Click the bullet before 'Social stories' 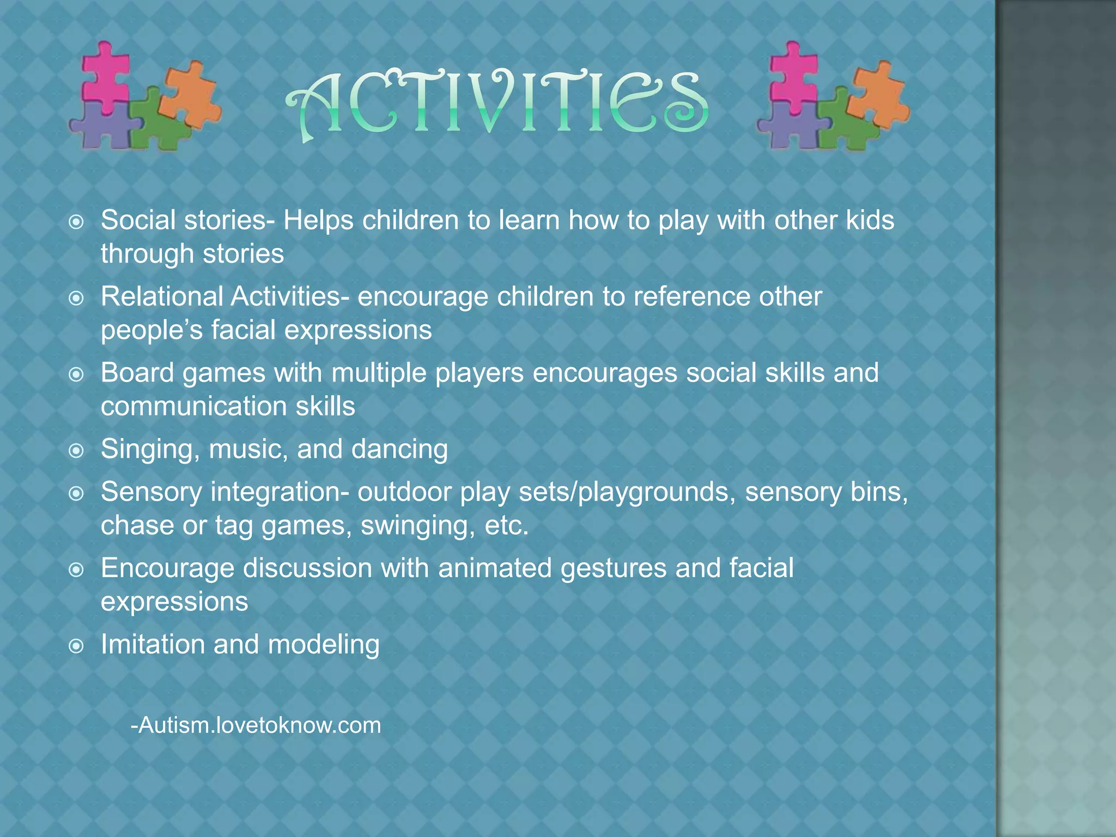(x=77, y=222)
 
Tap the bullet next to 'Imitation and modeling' (x=77, y=646)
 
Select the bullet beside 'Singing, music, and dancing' (x=77, y=451)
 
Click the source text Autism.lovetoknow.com (x=256, y=725)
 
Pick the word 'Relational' (x=162, y=297)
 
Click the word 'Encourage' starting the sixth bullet (x=167, y=568)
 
